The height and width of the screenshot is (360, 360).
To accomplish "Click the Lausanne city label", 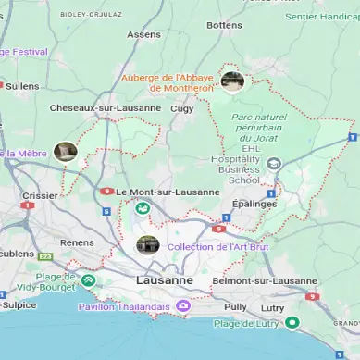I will (164, 279).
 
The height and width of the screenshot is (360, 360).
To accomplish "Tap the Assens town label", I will (143, 34).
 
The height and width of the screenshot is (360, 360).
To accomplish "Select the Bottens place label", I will (224, 25).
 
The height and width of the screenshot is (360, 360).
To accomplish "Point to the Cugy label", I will (182, 108).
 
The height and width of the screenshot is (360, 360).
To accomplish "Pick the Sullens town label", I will (22, 85).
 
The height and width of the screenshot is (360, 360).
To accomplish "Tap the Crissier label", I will (40, 195).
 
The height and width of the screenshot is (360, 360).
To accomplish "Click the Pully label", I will (235, 305).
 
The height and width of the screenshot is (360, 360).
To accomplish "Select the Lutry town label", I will (273, 305).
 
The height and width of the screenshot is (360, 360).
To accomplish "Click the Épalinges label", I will (255, 203).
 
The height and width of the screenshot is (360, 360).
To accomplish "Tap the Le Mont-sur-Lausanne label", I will (168, 192).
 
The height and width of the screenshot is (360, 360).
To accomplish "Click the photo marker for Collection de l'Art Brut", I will (147, 245).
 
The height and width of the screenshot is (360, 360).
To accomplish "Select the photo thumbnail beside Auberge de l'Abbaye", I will (232, 81).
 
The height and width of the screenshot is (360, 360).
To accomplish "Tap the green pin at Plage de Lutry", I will (292, 322).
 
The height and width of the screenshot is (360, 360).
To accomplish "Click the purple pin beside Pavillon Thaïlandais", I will (183, 305).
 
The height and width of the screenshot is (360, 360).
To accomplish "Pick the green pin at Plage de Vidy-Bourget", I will (88, 279).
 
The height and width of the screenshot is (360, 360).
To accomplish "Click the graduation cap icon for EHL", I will (273, 164).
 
